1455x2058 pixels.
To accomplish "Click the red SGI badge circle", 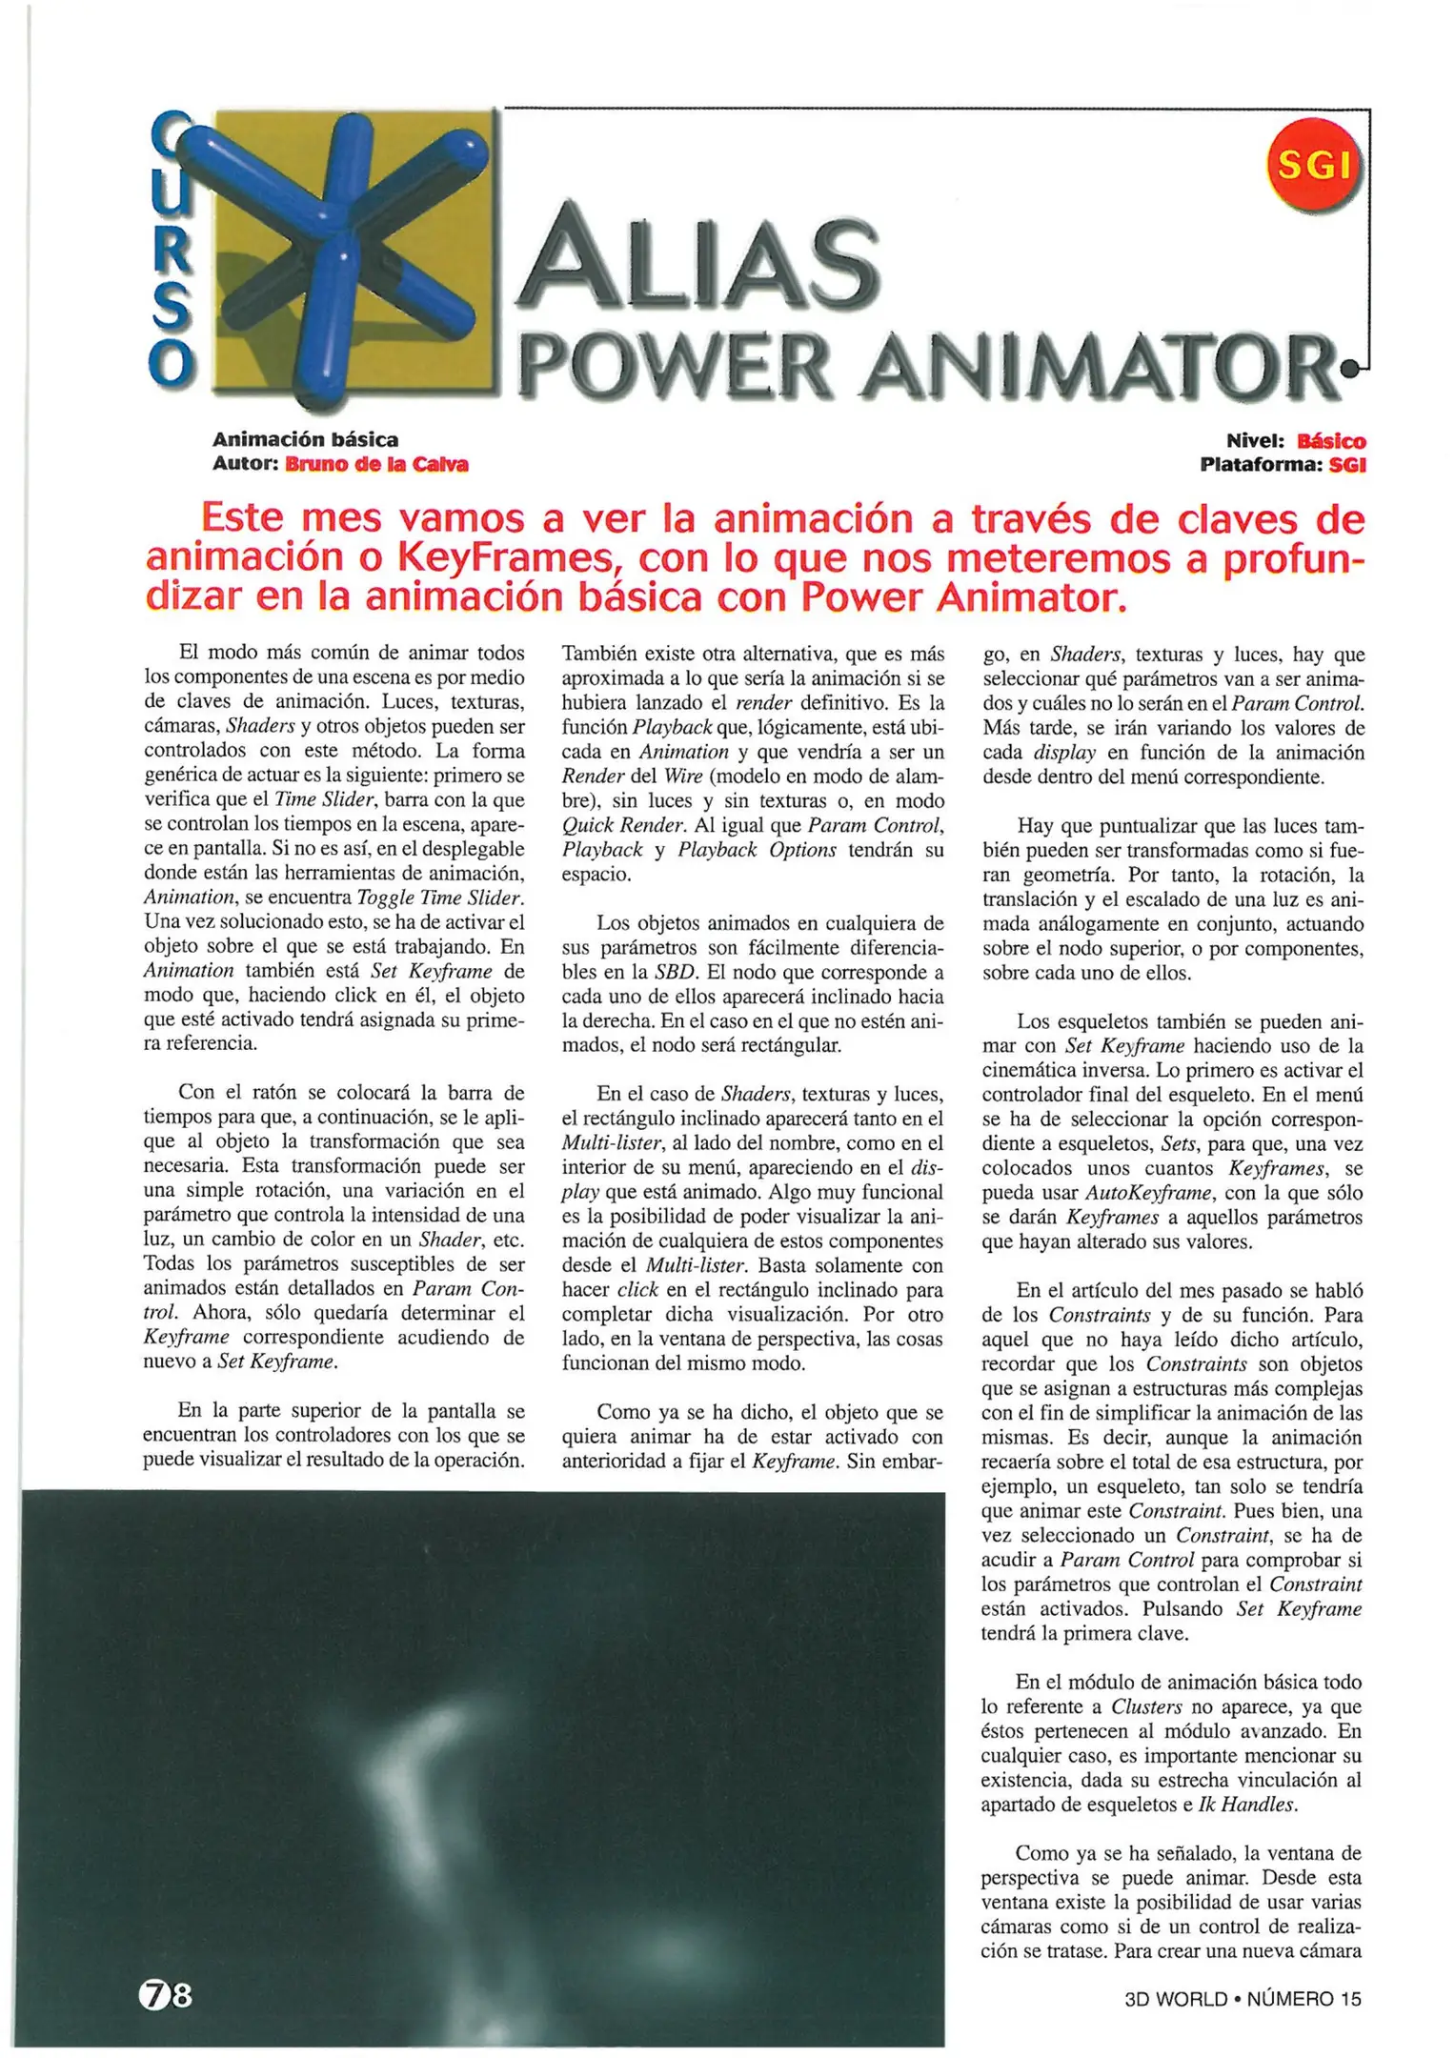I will [x=1315, y=166].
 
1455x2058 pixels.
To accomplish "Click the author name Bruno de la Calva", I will [x=376, y=465].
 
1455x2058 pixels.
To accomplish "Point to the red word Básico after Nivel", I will [x=1331, y=441].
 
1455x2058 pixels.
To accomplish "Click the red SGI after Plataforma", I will [x=1347, y=465].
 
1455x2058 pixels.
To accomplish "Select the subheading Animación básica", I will [x=305, y=440].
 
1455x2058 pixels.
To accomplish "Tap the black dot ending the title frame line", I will [x=1349, y=365].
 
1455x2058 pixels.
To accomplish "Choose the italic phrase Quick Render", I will [x=623, y=825].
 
